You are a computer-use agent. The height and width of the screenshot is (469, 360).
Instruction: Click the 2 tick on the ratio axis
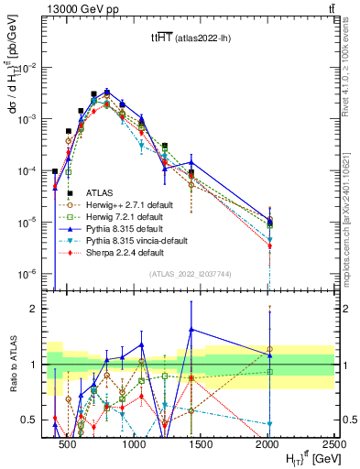coord(39,309)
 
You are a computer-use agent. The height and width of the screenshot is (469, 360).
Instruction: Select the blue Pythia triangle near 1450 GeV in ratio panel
coord(191,330)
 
